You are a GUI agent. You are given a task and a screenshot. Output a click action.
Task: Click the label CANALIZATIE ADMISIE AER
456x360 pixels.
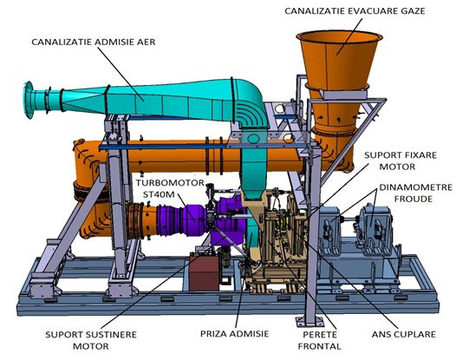click(94, 42)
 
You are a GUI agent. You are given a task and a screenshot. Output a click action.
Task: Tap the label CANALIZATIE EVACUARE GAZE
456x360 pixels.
click(355, 11)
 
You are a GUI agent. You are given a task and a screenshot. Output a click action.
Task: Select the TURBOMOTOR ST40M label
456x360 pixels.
click(170, 188)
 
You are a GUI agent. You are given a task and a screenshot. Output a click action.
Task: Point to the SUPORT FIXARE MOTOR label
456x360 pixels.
click(401, 160)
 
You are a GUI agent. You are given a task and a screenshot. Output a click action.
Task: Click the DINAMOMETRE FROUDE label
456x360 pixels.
click(416, 193)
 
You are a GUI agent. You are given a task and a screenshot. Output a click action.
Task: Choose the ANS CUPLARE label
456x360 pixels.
click(404, 334)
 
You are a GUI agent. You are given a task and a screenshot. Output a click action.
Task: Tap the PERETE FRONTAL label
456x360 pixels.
click(319, 340)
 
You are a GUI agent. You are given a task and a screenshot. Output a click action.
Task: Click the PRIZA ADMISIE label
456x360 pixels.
click(234, 333)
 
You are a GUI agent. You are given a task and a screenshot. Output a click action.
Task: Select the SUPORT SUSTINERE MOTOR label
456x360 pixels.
click(91, 340)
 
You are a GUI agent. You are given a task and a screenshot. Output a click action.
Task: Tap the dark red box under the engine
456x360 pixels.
click(204, 272)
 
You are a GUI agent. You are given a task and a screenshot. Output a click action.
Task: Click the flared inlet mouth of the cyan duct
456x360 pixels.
click(29, 100)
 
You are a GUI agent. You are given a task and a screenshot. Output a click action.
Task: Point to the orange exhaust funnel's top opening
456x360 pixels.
click(339, 36)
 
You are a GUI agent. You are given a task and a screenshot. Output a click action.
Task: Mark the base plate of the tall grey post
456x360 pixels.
click(309, 322)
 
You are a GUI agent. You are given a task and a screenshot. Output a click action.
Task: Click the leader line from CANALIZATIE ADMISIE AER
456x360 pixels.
click(121, 74)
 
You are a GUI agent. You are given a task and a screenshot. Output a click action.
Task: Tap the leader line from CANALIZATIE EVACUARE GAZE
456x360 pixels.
click(350, 36)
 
